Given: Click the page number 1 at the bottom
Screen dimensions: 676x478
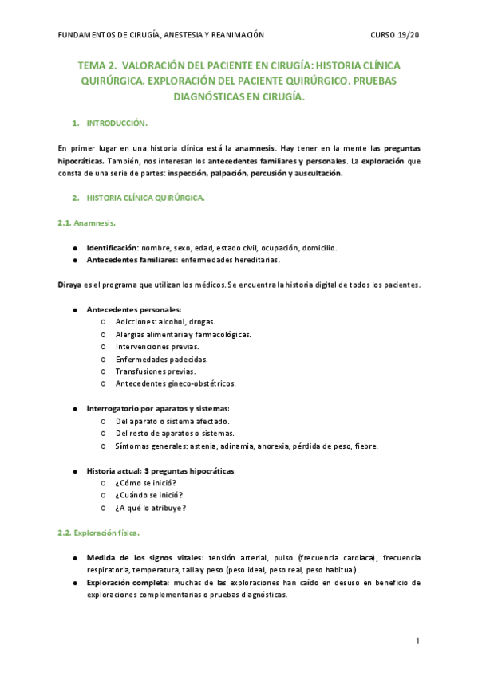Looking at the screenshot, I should pyautogui.click(x=417, y=641).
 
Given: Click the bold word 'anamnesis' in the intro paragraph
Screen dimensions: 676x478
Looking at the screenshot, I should pyautogui.click(x=254, y=148).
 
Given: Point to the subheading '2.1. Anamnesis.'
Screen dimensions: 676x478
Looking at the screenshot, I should pyautogui.click(x=87, y=223).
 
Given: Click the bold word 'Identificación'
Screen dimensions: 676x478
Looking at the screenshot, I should pyautogui.click(x=113, y=248).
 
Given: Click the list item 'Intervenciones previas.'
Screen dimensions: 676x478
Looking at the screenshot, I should pyautogui.click(x=157, y=347).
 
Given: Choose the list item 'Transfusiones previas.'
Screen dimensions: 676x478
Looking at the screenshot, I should pyautogui.click(x=156, y=371).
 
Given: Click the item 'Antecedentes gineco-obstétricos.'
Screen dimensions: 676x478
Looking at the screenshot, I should pyautogui.click(x=176, y=383).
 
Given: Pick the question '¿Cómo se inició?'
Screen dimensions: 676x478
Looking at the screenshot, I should pyautogui.click(x=146, y=483).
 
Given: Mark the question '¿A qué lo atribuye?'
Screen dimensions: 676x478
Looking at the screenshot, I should pyautogui.click(x=151, y=508).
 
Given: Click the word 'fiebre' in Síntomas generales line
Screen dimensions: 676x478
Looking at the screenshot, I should pyautogui.click(x=365, y=446).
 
